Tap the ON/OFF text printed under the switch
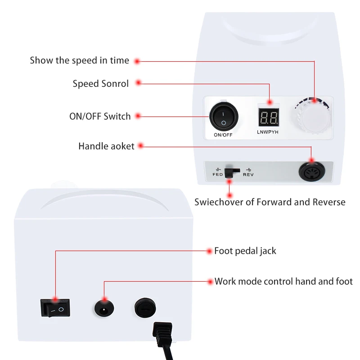(x=224, y=135)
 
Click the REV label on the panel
(x=248, y=174)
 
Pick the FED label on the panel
(x=218, y=174)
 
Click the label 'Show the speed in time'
(x=79, y=60)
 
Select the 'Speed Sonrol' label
(x=100, y=84)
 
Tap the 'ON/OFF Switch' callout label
(x=100, y=116)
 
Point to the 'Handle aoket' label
(x=106, y=146)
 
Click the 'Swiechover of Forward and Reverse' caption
(x=270, y=202)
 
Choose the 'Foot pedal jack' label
(x=245, y=251)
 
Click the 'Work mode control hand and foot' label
(x=283, y=282)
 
